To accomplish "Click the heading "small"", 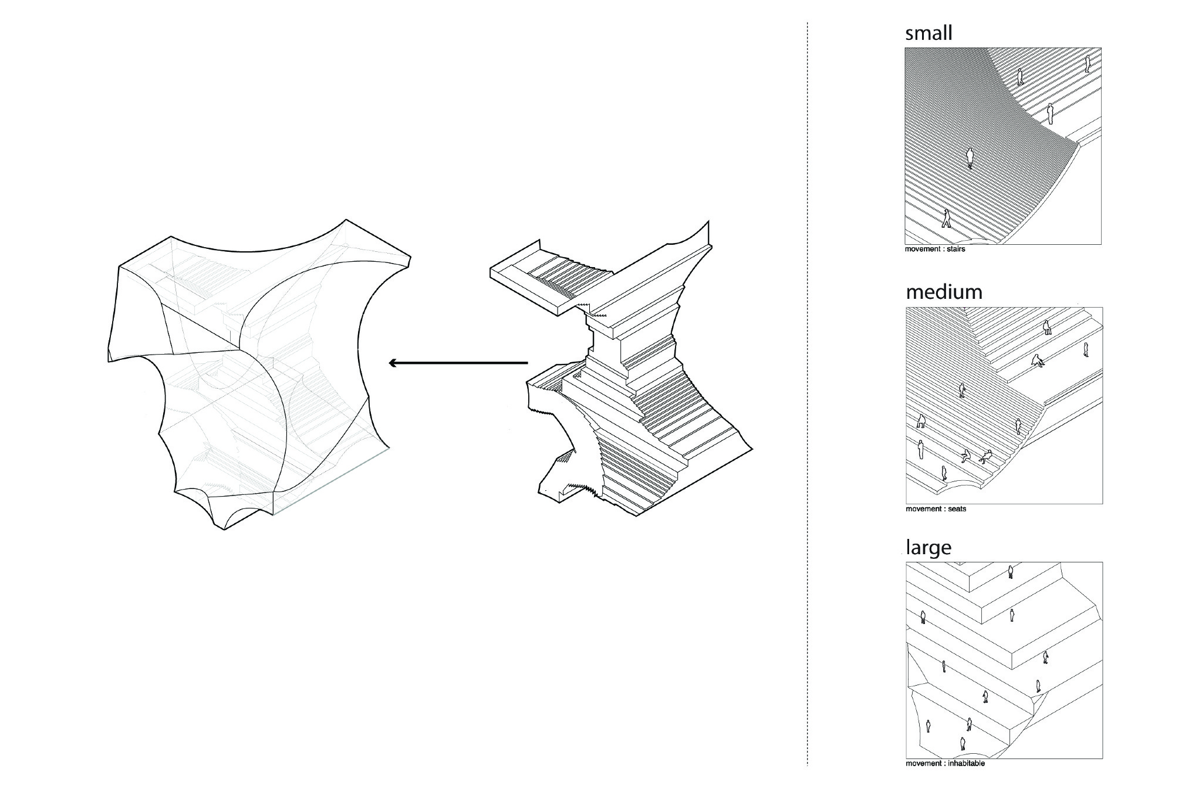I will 928,33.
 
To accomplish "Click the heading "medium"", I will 944,292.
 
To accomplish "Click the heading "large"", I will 928,548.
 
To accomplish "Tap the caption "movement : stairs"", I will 935,250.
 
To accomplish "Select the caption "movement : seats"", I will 936,509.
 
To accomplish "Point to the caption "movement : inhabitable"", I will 945,764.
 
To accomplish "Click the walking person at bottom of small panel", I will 946,218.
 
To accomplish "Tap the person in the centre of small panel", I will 970,157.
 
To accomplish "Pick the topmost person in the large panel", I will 1010,572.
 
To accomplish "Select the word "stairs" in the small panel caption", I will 956,250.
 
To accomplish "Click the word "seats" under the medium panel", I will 957,509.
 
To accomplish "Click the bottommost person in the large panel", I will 963,744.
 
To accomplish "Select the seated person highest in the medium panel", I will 1038,361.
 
